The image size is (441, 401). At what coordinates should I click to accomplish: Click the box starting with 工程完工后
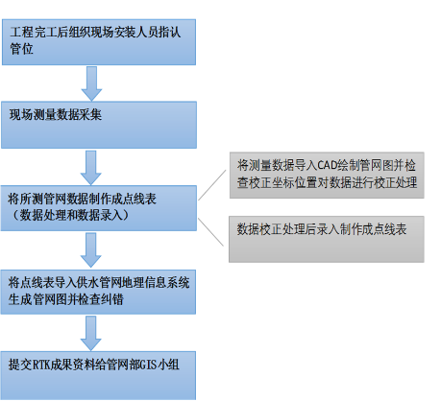pyautogui.click(x=99, y=42)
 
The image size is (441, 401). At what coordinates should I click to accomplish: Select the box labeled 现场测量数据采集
pyautogui.click(x=99, y=125)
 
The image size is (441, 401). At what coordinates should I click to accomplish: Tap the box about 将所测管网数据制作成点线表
pyautogui.click(x=99, y=208)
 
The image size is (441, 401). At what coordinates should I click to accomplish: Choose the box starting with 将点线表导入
pyautogui.click(x=98, y=292)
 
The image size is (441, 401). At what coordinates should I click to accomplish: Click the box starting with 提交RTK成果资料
pyautogui.click(x=98, y=376)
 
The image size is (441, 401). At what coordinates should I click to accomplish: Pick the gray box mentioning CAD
pyautogui.click(x=327, y=176)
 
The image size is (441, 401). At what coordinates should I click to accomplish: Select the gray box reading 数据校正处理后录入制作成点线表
pyautogui.click(x=327, y=239)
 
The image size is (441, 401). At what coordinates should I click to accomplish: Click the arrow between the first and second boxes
pyautogui.click(x=91, y=83)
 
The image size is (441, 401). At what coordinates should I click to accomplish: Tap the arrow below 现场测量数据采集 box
pyautogui.click(x=91, y=168)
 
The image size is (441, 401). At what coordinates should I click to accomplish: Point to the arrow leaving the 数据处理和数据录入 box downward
pyautogui.click(x=91, y=250)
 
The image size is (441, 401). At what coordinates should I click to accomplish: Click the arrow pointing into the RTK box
pyautogui.click(x=91, y=334)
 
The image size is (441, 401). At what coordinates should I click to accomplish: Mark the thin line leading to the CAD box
pyautogui.click(x=212, y=185)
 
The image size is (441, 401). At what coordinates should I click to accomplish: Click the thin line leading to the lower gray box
pyautogui.click(x=210, y=232)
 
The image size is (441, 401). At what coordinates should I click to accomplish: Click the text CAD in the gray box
pyautogui.click(x=328, y=166)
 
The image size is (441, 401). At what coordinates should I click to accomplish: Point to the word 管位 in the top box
pyautogui.click(x=21, y=49)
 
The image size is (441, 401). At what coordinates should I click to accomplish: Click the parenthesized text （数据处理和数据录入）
pyautogui.click(x=70, y=215)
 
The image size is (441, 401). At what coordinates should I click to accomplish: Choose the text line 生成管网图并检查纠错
pyautogui.click(x=66, y=299)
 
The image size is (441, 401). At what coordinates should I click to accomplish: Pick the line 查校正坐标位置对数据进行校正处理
pyautogui.click(x=327, y=182)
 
